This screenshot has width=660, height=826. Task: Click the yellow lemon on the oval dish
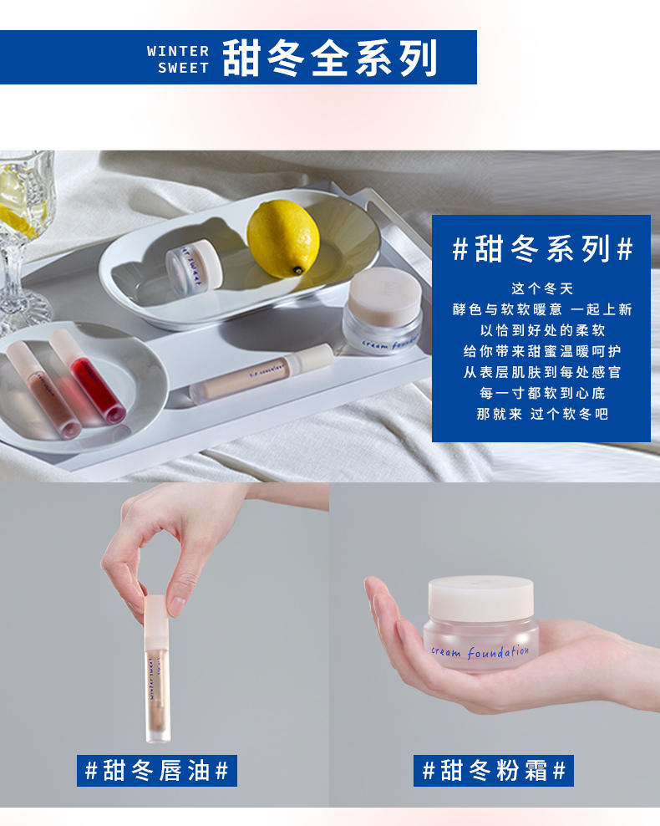click(x=282, y=238)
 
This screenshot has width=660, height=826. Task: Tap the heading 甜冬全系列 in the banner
click(x=330, y=58)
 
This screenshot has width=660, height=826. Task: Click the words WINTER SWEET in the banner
click(x=178, y=59)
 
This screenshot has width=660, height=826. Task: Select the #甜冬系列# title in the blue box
click(x=541, y=249)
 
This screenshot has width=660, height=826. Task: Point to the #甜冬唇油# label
click(x=157, y=770)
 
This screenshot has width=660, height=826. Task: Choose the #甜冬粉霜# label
click(x=494, y=770)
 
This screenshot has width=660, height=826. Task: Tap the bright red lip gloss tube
click(x=88, y=376)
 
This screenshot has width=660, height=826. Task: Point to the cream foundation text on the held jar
click(x=480, y=651)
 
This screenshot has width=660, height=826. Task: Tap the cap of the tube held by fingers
click(x=156, y=617)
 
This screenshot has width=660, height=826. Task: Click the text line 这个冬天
click(x=541, y=288)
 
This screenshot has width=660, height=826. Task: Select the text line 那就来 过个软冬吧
click(x=541, y=413)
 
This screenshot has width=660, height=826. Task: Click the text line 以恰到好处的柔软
click(x=541, y=330)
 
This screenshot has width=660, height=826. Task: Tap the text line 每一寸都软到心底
click(x=541, y=392)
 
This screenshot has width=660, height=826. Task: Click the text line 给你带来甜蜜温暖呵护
click(x=541, y=351)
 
